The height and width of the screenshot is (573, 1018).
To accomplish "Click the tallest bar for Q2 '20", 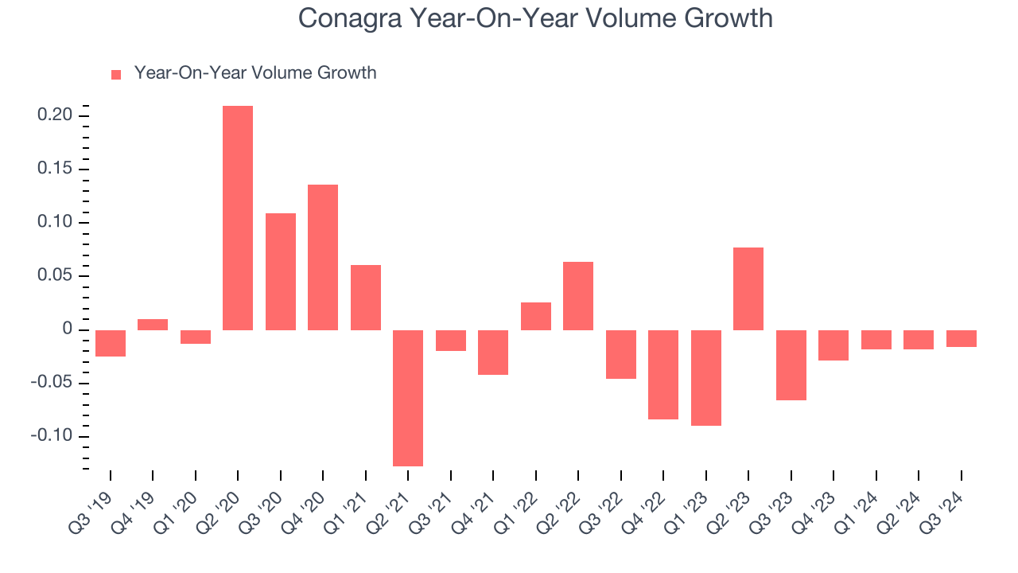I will tap(238, 218).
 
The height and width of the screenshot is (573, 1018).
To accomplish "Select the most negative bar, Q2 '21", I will tap(408, 398).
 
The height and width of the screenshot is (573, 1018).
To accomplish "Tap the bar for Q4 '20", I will tap(323, 257).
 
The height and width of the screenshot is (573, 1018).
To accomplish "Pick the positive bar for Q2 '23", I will tap(748, 289).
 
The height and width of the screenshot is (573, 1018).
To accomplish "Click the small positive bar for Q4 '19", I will tap(153, 325).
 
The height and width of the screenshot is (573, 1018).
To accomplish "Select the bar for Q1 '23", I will tap(705, 378).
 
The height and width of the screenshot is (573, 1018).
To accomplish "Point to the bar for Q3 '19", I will tap(110, 343).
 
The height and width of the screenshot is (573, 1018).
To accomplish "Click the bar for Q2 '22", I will tap(578, 296).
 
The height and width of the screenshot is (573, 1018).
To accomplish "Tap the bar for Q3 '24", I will tap(961, 338).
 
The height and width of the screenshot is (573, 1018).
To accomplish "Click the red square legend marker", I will tap(116, 74).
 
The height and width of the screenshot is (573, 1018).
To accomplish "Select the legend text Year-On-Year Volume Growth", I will tap(255, 73).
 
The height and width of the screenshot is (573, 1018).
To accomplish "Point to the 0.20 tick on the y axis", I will tap(56, 116).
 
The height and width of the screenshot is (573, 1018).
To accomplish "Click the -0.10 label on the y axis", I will tap(53, 436).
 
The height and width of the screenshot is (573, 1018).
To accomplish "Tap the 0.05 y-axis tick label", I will tap(56, 276).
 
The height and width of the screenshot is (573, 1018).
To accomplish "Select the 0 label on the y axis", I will tap(68, 329).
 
